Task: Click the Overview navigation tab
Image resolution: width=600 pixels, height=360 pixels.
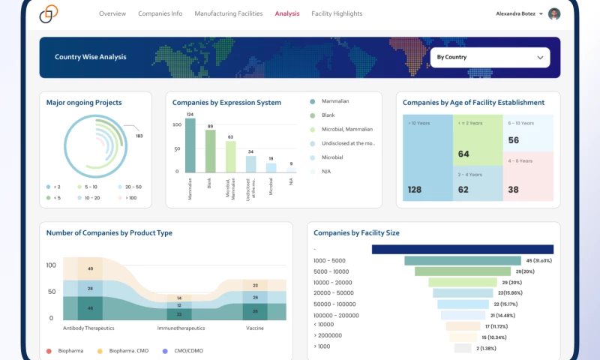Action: point(112,13)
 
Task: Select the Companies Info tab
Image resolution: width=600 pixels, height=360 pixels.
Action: point(160,13)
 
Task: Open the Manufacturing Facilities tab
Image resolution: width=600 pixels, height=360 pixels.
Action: point(228,13)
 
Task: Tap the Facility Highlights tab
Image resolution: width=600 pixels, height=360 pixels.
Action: point(337,13)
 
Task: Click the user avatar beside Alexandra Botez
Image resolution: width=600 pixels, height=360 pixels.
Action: point(554,13)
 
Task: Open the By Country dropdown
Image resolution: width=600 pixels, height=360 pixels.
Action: point(489,57)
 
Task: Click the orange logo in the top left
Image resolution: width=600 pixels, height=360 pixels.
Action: point(49,13)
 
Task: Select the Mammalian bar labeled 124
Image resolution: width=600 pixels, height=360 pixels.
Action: point(190,145)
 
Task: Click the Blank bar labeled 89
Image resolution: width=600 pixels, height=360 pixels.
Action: point(211,151)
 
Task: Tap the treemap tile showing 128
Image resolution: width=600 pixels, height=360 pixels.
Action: point(427,157)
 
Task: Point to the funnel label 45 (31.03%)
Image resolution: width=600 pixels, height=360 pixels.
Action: point(539,260)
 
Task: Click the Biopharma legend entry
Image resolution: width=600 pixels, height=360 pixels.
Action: point(69,350)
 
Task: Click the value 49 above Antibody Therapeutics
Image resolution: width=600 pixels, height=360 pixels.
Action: point(90,268)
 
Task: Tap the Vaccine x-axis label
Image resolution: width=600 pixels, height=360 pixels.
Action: point(255,328)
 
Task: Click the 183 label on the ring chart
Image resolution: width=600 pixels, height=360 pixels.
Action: point(139,136)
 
